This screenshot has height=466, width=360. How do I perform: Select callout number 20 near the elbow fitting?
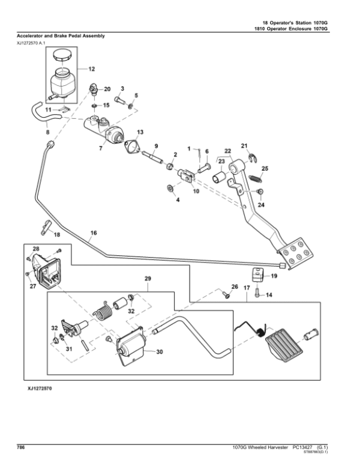point(107,89)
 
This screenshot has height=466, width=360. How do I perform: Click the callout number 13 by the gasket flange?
point(140,132)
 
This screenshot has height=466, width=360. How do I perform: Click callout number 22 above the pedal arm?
point(227,150)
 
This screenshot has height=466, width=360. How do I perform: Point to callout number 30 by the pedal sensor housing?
point(160,353)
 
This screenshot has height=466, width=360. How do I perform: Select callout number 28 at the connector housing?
point(36,248)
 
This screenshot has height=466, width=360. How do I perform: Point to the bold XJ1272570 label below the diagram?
point(40,390)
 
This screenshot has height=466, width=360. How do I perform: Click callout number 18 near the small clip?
point(58,234)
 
